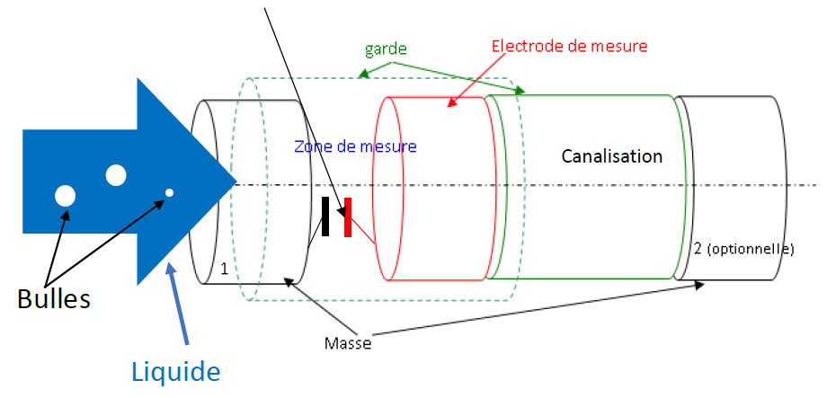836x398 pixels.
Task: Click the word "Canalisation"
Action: tap(611, 156)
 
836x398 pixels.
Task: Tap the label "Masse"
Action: tap(348, 342)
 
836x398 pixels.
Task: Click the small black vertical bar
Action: tap(325, 217)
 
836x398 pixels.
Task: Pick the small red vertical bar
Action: tap(347, 217)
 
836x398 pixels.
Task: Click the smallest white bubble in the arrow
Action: tap(168, 192)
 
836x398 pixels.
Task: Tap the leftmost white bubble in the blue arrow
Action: tap(65, 194)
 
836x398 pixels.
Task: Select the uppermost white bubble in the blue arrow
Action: tap(115, 175)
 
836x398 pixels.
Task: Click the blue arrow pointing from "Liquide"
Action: tap(177, 305)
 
